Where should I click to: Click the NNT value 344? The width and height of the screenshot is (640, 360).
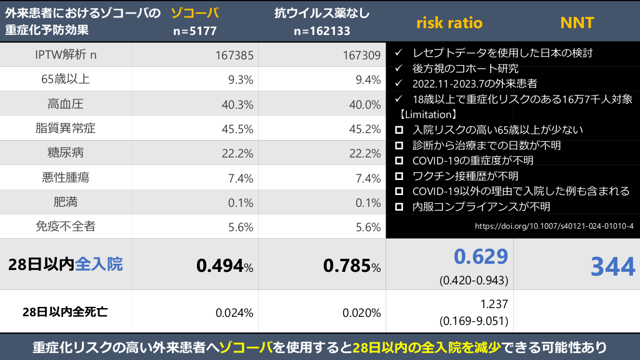(x=613, y=266)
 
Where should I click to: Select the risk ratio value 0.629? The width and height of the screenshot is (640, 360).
(x=481, y=256)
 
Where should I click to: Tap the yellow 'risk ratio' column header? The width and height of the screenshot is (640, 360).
(x=449, y=23)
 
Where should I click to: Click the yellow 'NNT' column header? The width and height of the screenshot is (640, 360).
(x=576, y=23)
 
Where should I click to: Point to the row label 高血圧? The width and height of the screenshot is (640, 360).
(x=65, y=104)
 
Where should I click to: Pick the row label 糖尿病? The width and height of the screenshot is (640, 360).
(x=65, y=152)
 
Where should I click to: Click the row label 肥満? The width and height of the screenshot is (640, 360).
(x=65, y=202)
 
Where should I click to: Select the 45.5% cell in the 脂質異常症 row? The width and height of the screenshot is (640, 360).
(x=237, y=129)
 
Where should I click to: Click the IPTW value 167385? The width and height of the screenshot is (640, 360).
(x=233, y=55)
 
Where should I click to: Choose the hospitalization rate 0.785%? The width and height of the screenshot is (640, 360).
(x=351, y=266)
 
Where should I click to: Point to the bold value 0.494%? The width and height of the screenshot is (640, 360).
(x=224, y=266)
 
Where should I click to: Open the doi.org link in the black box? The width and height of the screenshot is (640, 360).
(x=554, y=226)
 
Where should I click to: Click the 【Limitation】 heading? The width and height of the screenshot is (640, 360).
(x=428, y=115)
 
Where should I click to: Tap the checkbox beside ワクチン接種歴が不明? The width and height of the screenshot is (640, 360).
(x=399, y=176)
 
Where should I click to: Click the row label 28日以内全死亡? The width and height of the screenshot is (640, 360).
(x=65, y=312)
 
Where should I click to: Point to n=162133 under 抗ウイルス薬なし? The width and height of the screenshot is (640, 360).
(x=322, y=30)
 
